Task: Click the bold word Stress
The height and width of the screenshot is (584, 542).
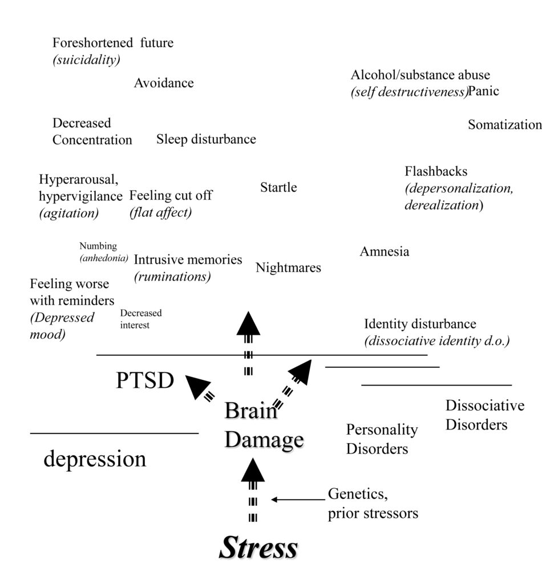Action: [x=258, y=547]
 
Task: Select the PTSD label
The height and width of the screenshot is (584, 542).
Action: [x=145, y=380]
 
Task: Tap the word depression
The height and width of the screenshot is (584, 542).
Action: [x=95, y=459]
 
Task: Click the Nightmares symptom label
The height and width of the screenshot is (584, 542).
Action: [x=288, y=267]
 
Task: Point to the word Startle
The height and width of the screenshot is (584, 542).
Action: [x=278, y=187]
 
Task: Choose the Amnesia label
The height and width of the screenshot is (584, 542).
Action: [x=384, y=252]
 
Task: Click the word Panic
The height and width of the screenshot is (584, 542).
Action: [x=483, y=91]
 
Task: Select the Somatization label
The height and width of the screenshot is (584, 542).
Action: [x=505, y=124]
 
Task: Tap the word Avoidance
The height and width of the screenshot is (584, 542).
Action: [x=164, y=83]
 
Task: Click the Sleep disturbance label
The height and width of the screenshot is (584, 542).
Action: [x=206, y=139]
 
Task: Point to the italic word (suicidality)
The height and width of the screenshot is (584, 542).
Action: [x=86, y=59]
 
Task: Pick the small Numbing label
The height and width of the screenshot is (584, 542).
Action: [x=98, y=246]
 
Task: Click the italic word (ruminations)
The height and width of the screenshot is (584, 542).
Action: [x=172, y=277]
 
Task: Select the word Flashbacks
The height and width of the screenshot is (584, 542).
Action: [x=436, y=171]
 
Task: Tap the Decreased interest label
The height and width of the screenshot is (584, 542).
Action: [x=141, y=319]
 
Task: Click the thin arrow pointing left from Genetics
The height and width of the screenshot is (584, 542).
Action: [x=298, y=500]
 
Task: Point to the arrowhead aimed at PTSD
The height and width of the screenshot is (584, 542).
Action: [x=197, y=387]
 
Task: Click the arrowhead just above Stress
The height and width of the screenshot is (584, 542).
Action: [x=253, y=470]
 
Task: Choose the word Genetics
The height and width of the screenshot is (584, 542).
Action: [x=358, y=494]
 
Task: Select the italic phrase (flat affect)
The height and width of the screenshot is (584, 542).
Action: [x=160, y=212]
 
